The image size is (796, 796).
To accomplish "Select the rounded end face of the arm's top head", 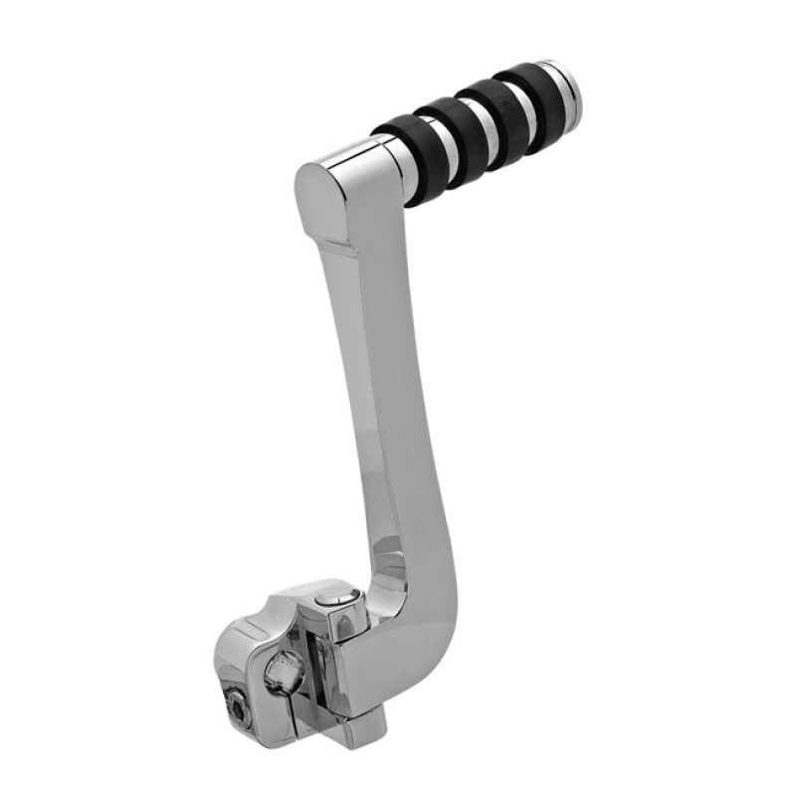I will pyautogui.click(x=320, y=205).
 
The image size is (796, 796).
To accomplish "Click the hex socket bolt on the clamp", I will pyautogui.click(x=236, y=707).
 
